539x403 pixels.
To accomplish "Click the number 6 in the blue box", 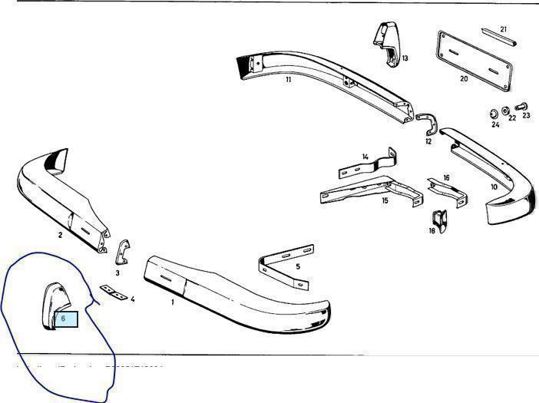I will (x=64, y=318).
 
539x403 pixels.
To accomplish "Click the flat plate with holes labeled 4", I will (x=113, y=292).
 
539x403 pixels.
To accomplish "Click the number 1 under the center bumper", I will (x=173, y=302).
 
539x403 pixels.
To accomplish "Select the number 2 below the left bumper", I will (x=60, y=235).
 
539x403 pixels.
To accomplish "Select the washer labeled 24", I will (x=493, y=114).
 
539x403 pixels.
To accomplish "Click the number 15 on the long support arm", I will (x=385, y=200).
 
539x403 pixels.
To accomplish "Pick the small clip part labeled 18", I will (x=439, y=219).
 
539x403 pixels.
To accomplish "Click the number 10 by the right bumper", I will (x=494, y=187).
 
